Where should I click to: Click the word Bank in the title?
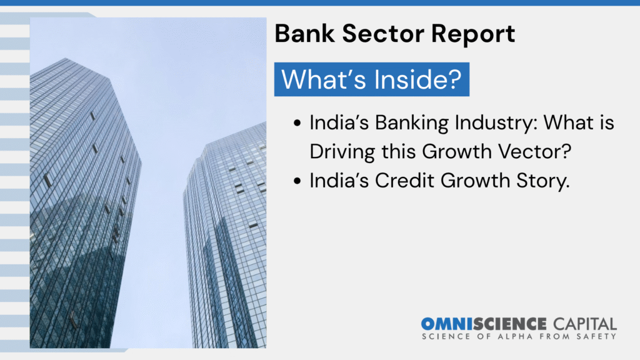click(x=304, y=33)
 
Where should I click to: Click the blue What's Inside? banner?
click(x=371, y=79)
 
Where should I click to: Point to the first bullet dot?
click(x=297, y=123)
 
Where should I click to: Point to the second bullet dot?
click(x=297, y=181)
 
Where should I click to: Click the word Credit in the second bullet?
click(x=404, y=181)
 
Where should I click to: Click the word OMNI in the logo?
click(x=447, y=324)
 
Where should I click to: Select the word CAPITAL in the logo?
click(x=585, y=324)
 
